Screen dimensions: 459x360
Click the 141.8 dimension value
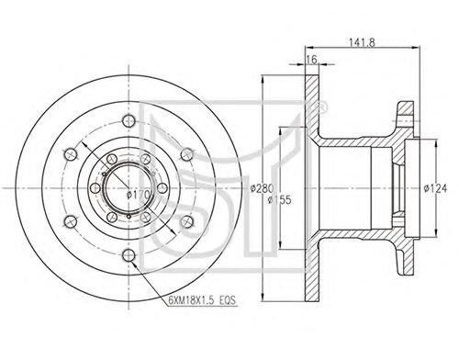[x=362, y=42]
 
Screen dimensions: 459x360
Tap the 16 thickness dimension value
[x=311, y=60]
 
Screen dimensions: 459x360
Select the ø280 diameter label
[x=262, y=187]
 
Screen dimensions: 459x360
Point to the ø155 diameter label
[x=280, y=200]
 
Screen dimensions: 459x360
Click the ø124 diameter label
[x=435, y=188]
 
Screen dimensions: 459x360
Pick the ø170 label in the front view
[x=139, y=194]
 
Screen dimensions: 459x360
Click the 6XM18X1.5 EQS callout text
[x=202, y=300]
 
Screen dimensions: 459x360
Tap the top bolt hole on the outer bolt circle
[x=129, y=120]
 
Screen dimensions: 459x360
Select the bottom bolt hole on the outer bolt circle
[x=129, y=255]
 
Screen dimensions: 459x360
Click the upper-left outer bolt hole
[x=71, y=154]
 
